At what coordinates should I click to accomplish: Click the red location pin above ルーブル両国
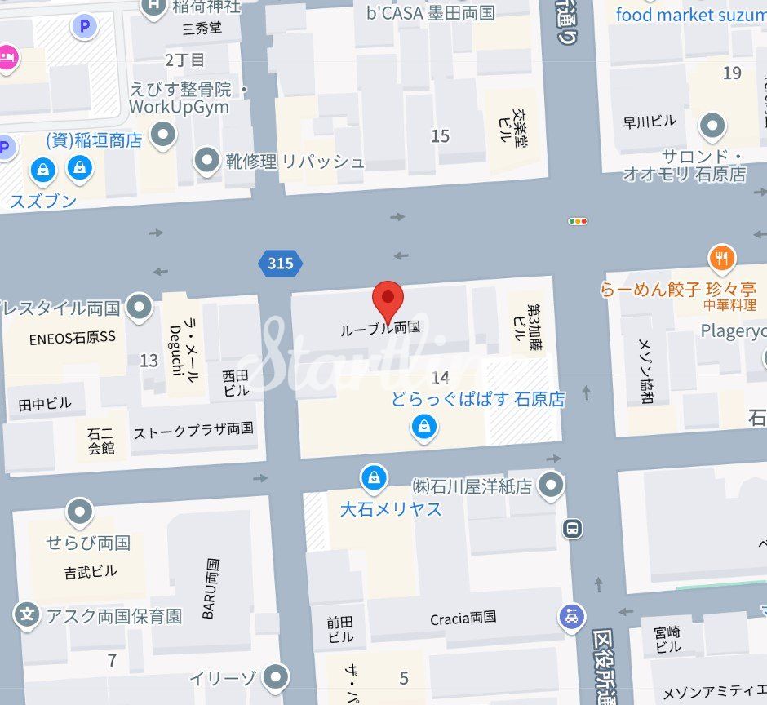[x=388, y=299]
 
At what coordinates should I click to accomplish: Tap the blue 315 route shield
[x=280, y=264]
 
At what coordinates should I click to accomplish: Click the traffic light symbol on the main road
[x=578, y=221]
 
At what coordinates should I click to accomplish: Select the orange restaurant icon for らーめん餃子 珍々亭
[x=722, y=259]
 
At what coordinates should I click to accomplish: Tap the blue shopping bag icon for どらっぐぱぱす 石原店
[x=424, y=426]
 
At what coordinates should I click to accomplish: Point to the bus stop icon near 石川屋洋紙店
[x=573, y=529]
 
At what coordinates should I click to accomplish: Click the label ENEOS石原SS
[x=73, y=337]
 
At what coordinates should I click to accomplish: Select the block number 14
[x=441, y=377]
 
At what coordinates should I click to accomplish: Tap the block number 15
[x=441, y=135]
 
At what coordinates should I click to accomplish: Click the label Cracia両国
[x=463, y=619]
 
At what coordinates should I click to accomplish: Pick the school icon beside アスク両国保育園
[x=28, y=615]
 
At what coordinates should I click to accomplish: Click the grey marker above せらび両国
[x=80, y=512]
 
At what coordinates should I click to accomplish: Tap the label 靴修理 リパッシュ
[x=295, y=161]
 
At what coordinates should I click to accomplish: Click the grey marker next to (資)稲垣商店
[x=165, y=135]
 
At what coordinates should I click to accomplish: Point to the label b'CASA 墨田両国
[x=431, y=13]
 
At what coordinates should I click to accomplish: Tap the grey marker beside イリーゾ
[x=277, y=677]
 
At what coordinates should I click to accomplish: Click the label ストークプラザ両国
[x=193, y=429]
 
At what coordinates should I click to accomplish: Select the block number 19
[x=732, y=73]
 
